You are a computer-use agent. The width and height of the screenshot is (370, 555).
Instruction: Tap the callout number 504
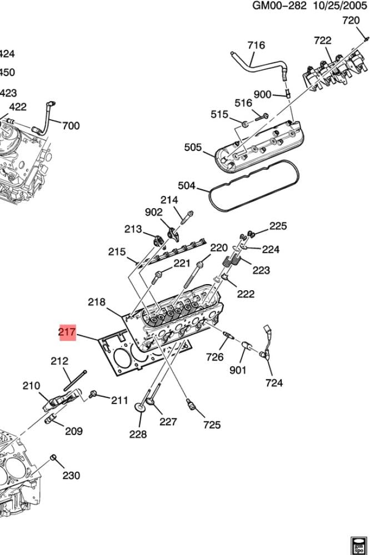pyautogui.click(x=187, y=185)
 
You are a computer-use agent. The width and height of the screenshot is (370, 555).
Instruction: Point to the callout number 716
pyautogui.click(x=256, y=46)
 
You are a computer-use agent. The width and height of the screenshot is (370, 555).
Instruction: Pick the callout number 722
pyautogui.click(x=322, y=41)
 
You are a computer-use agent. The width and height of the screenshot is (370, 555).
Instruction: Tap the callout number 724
pyautogui.click(x=274, y=382)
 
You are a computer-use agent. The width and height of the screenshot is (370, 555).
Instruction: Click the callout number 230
pyautogui.click(x=71, y=475)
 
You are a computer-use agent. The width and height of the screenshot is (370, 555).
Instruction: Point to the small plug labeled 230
pyautogui.click(x=54, y=457)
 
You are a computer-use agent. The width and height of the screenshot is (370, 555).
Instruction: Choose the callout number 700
pyautogui.click(x=71, y=125)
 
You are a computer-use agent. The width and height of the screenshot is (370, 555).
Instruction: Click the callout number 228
pyautogui.click(x=138, y=434)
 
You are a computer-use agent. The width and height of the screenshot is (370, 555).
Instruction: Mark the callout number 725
pyautogui.click(x=212, y=425)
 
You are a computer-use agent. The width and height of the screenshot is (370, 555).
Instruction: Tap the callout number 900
pyautogui.click(x=262, y=94)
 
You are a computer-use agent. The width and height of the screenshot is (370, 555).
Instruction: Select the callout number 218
pyautogui.click(x=96, y=302)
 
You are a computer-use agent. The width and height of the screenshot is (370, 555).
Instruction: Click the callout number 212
pyautogui.click(x=59, y=361)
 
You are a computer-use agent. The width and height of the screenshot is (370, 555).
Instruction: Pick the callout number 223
pyautogui.click(x=261, y=270)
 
